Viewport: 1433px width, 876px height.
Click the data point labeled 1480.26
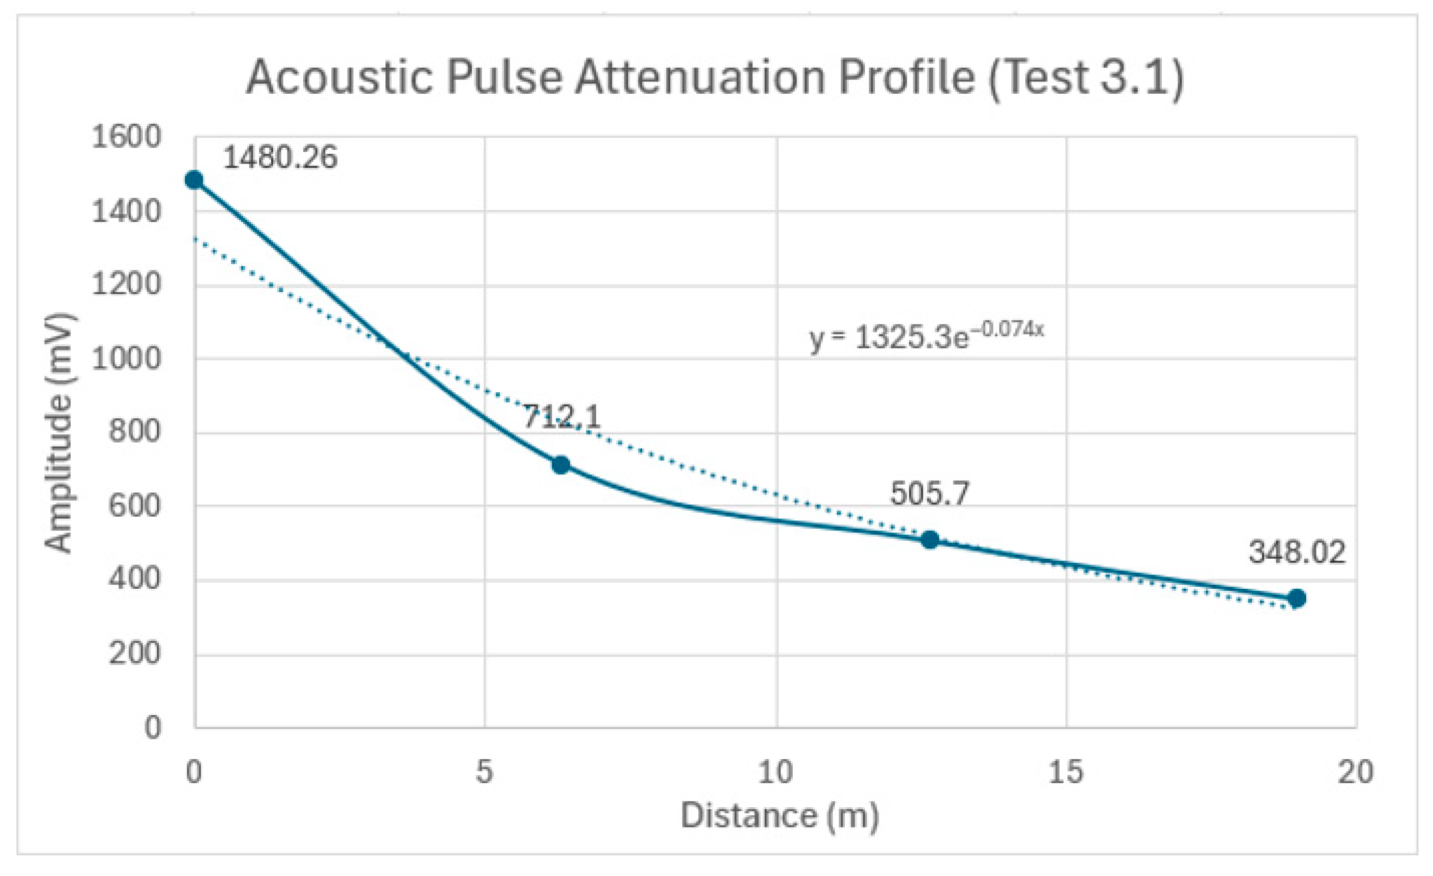point(194,180)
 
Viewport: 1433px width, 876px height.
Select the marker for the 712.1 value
point(560,465)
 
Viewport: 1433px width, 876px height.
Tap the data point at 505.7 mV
point(930,540)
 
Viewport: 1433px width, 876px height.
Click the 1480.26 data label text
point(280,158)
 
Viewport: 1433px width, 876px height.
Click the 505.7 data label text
point(930,493)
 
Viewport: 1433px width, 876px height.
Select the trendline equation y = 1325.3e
point(888,338)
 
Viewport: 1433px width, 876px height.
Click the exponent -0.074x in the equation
point(1008,329)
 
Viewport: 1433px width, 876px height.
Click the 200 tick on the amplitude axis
point(134,654)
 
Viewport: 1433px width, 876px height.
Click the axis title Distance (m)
point(779,816)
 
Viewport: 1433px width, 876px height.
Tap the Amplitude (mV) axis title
point(59,433)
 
